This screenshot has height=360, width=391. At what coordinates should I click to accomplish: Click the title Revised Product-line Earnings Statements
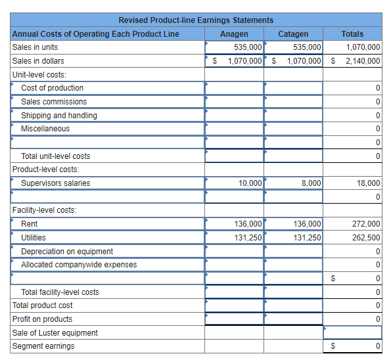point(196,20)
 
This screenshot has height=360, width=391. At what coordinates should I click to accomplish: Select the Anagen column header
point(234,34)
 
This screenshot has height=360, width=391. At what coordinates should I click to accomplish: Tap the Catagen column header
point(293,34)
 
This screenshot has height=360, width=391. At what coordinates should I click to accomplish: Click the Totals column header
point(352,34)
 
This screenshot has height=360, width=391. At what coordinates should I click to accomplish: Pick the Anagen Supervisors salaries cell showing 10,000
point(234,183)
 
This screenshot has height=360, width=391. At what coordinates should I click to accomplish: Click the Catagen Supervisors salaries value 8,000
point(293,183)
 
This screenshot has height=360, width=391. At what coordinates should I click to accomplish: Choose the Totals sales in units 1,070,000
point(362,47)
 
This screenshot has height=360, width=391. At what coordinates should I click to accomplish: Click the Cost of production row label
point(53,88)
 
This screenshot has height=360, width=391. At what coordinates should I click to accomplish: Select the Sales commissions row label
point(54,102)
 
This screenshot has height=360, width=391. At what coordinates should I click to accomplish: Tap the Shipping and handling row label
point(59,116)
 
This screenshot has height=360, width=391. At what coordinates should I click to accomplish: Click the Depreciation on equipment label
point(67,252)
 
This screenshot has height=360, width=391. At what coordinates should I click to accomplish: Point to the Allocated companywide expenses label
point(79,265)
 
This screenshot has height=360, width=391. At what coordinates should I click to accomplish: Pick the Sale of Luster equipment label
point(55,333)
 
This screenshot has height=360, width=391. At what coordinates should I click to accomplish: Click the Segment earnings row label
point(43,346)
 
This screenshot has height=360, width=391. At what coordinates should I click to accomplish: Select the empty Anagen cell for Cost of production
point(234,88)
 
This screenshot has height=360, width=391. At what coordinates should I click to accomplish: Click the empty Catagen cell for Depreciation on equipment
point(293,252)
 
